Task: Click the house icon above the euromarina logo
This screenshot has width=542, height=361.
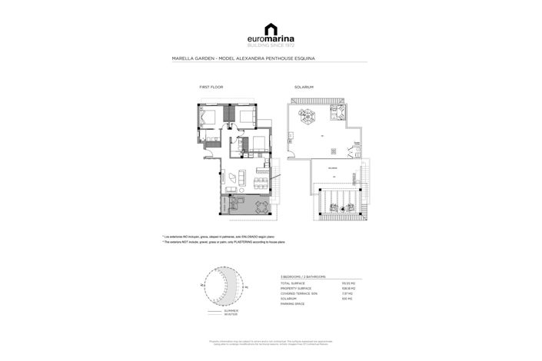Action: click(x=271, y=28)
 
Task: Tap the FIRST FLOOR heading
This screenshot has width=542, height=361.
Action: click(x=210, y=87)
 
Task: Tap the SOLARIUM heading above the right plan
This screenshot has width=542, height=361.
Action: click(x=303, y=87)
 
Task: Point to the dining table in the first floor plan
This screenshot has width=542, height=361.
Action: click(x=234, y=177)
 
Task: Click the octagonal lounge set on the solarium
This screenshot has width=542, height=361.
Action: click(x=306, y=118)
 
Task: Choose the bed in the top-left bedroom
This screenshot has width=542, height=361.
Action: click(x=208, y=117)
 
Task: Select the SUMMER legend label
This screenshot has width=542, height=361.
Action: click(x=231, y=310)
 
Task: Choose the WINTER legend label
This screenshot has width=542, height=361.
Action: click(x=231, y=314)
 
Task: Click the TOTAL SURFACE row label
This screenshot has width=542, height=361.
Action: click(x=293, y=283)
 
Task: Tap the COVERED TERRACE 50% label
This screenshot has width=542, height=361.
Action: click(x=298, y=293)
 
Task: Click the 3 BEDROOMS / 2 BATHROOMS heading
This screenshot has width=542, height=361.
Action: click(x=304, y=276)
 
